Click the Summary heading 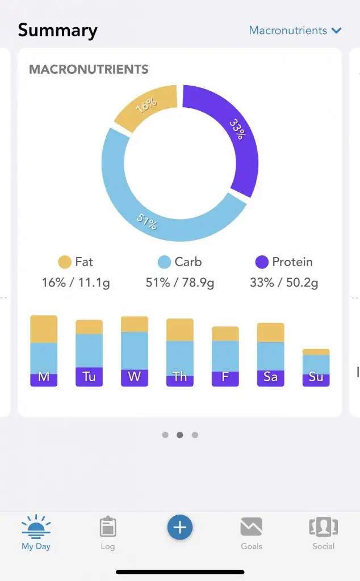[x=57, y=30]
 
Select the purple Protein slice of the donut [x=230, y=133]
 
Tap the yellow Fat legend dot [x=65, y=262]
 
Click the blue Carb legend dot [x=164, y=262]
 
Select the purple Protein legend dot [x=262, y=262]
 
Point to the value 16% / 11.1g [x=76, y=283]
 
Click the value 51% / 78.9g [x=180, y=283]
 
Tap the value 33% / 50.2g [x=284, y=283]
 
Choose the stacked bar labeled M [x=44, y=351]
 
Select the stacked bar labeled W [x=135, y=351]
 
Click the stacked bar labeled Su [x=316, y=368]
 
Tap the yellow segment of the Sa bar [x=271, y=332]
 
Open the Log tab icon [x=107, y=527]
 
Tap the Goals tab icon [x=251, y=527]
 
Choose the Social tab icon [x=323, y=527]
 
